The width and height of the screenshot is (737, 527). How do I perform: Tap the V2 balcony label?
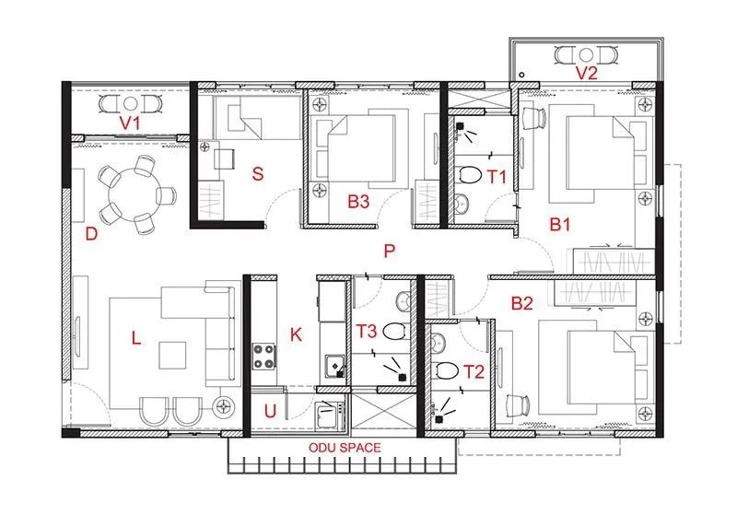(x=587, y=73)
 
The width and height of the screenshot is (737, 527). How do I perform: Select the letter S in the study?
(x=258, y=172)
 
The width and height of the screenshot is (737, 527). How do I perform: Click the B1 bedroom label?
(x=560, y=223)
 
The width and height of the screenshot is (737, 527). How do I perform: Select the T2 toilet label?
(x=474, y=371)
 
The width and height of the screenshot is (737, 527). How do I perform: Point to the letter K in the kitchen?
(x=295, y=334)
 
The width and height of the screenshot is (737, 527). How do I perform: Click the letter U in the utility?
(x=269, y=412)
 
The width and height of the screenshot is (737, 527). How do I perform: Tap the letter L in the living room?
(x=135, y=339)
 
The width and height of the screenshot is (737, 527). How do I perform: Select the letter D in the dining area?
(x=91, y=234)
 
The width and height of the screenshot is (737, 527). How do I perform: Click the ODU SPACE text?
(x=343, y=448)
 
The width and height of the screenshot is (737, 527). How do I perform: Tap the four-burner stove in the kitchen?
(x=265, y=356)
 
